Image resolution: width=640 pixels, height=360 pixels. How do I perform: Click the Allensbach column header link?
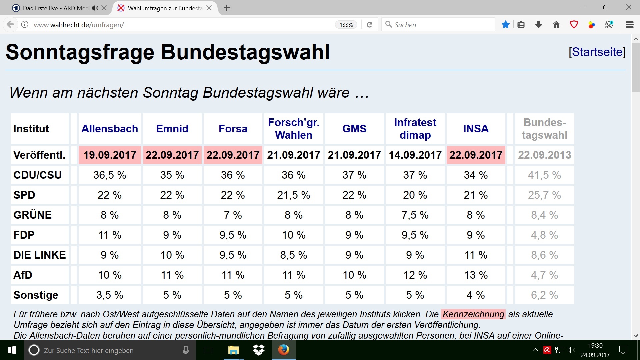[110, 129]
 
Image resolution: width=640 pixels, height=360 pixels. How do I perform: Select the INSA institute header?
[476, 129]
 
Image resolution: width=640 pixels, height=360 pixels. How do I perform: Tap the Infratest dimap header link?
[415, 129]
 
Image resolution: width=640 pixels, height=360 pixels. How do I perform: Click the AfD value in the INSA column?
[476, 275]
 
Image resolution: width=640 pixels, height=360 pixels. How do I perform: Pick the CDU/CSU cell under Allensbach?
[110, 175]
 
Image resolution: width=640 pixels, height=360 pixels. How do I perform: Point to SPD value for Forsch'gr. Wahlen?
[293, 195]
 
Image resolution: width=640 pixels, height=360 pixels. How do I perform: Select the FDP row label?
[24, 235]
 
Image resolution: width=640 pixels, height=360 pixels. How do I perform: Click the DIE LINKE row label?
[39, 255]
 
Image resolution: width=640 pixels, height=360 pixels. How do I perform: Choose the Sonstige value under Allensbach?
[110, 295]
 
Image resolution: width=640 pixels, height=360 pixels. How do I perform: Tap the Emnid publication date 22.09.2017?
[172, 155]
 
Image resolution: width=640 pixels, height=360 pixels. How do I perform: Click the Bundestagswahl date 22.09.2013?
[544, 155]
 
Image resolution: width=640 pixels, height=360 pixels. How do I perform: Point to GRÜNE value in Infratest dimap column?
[415, 215]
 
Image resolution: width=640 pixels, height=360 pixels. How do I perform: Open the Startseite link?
[597, 52]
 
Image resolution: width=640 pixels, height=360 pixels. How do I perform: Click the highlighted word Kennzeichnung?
[473, 314]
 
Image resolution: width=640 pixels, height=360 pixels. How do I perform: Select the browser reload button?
[369, 25]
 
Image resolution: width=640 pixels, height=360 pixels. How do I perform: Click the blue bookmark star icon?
[505, 25]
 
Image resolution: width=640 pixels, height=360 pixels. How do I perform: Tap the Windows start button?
[12, 350]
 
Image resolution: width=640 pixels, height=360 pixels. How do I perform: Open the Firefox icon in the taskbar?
[284, 350]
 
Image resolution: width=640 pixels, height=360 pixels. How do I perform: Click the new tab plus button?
[227, 8]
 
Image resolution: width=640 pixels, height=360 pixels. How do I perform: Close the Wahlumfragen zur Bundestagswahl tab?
[209, 8]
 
